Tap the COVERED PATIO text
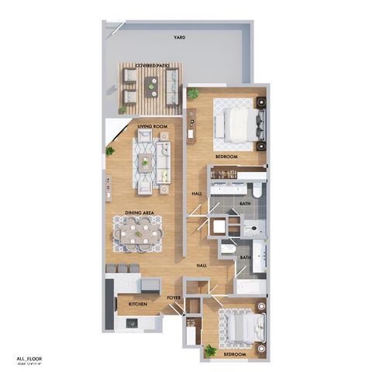pos(151,66)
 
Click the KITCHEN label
pos(138,304)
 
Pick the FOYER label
pos(174,295)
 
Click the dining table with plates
pos(140,232)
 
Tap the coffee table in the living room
pos(145,161)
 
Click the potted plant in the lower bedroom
pos(208,350)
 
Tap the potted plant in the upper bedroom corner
pos(192,94)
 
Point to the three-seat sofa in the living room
pos(164,160)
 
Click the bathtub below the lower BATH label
pos(251,288)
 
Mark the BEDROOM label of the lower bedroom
pos(234,354)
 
